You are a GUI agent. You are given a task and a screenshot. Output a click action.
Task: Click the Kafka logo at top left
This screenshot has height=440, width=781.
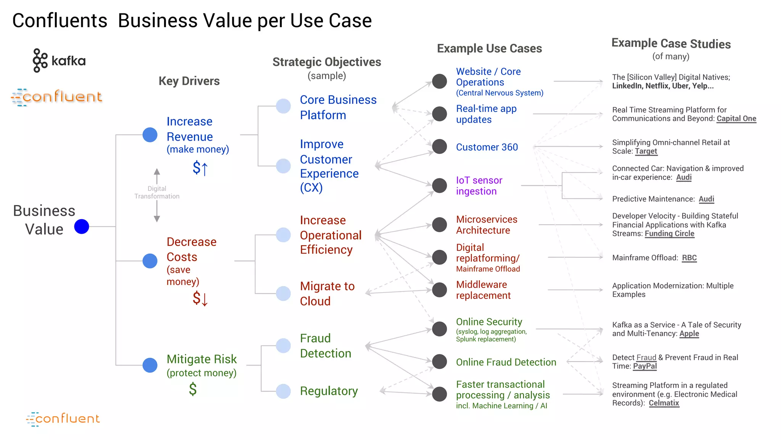click(59, 60)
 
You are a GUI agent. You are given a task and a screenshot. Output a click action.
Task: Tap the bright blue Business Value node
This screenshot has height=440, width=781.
click(82, 226)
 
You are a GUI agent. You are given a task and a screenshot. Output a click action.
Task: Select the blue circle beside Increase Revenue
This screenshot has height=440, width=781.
click(150, 135)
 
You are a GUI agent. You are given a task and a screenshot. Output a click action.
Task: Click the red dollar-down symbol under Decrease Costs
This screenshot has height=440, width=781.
click(200, 298)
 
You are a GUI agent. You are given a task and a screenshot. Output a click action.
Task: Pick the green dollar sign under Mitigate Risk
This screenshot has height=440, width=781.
click(193, 389)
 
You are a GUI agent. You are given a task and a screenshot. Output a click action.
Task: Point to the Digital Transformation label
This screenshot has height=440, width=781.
click(157, 192)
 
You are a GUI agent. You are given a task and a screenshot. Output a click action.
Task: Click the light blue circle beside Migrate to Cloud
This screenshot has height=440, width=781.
click(283, 293)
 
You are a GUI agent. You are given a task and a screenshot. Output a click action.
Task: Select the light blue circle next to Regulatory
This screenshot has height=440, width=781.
click(283, 391)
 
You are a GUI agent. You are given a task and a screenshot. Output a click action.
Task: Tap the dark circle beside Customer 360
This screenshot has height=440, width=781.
click(439, 146)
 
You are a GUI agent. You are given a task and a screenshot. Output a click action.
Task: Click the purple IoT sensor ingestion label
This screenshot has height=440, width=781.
click(479, 186)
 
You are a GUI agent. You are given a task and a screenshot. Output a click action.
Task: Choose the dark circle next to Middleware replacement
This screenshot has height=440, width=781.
click(439, 290)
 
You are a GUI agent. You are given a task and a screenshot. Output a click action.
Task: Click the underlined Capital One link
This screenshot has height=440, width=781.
click(736, 118)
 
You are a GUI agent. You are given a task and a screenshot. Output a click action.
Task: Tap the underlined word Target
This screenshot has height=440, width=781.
click(646, 151)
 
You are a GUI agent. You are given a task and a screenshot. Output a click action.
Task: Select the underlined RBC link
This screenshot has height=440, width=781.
click(689, 258)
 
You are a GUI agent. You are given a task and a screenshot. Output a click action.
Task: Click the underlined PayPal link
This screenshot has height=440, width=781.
click(645, 366)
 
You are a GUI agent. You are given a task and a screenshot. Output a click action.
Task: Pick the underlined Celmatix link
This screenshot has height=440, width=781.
click(664, 403)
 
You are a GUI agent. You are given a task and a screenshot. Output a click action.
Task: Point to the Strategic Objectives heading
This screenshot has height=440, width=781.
click(327, 62)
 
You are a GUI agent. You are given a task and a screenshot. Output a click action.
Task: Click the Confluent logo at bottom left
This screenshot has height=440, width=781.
click(63, 419)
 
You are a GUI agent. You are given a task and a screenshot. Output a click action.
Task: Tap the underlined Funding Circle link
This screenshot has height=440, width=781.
click(669, 233)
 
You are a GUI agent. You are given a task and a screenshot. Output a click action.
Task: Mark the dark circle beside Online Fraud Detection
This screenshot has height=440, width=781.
click(439, 361)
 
